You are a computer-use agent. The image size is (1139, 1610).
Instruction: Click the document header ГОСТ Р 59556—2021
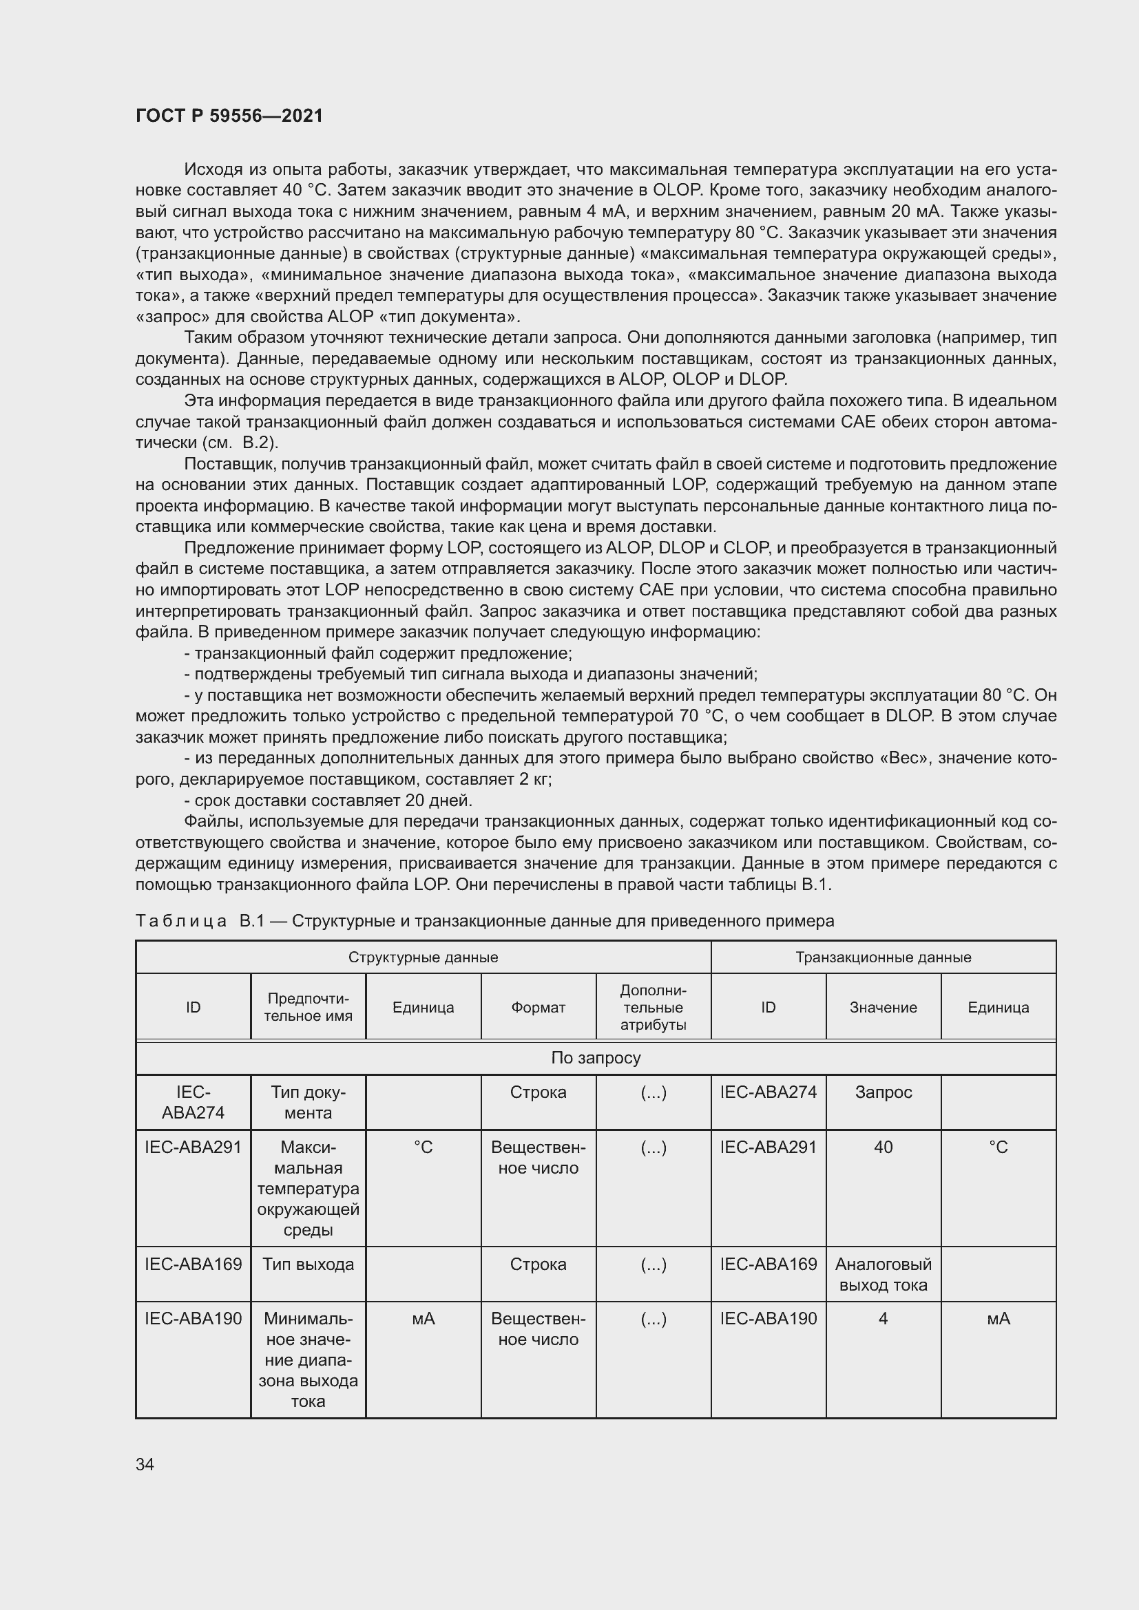[229, 116]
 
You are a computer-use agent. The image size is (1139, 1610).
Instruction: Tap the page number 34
[145, 1464]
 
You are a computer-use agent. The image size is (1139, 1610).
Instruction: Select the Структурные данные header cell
[423, 957]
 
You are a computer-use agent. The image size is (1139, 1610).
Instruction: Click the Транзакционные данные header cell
[883, 957]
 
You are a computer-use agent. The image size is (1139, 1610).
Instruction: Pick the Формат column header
[538, 1007]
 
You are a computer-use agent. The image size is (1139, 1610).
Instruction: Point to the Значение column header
[883, 1007]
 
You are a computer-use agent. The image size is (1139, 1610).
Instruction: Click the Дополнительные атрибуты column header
[653, 1007]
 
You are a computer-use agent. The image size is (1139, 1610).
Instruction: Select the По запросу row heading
[596, 1057]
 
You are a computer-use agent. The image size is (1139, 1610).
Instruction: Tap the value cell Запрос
[883, 1092]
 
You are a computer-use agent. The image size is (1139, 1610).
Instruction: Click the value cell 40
[883, 1147]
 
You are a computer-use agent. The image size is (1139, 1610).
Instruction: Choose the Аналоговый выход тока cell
[883, 1274]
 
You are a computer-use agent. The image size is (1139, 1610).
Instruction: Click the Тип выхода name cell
[308, 1264]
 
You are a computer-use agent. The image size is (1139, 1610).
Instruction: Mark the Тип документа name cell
[308, 1102]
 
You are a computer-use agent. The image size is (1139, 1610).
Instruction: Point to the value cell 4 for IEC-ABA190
[883, 1319]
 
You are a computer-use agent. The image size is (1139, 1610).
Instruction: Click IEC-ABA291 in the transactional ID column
[768, 1147]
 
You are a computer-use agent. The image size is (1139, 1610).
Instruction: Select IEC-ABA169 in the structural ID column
[193, 1264]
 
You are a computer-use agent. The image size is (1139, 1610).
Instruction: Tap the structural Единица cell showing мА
[423, 1319]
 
